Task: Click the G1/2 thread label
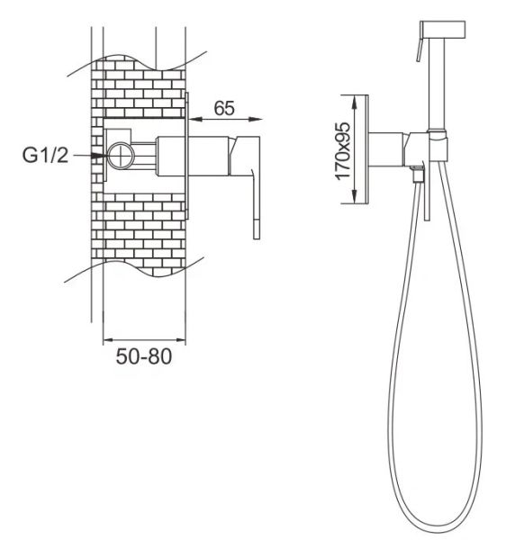[46, 156]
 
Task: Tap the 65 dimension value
[224, 108]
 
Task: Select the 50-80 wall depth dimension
[144, 356]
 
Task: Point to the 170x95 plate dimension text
[342, 151]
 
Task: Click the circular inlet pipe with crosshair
[121, 156]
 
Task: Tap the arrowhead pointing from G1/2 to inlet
[98, 156]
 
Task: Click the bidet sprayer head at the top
[443, 30]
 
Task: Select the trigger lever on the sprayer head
[420, 49]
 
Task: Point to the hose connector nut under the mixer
[418, 173]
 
